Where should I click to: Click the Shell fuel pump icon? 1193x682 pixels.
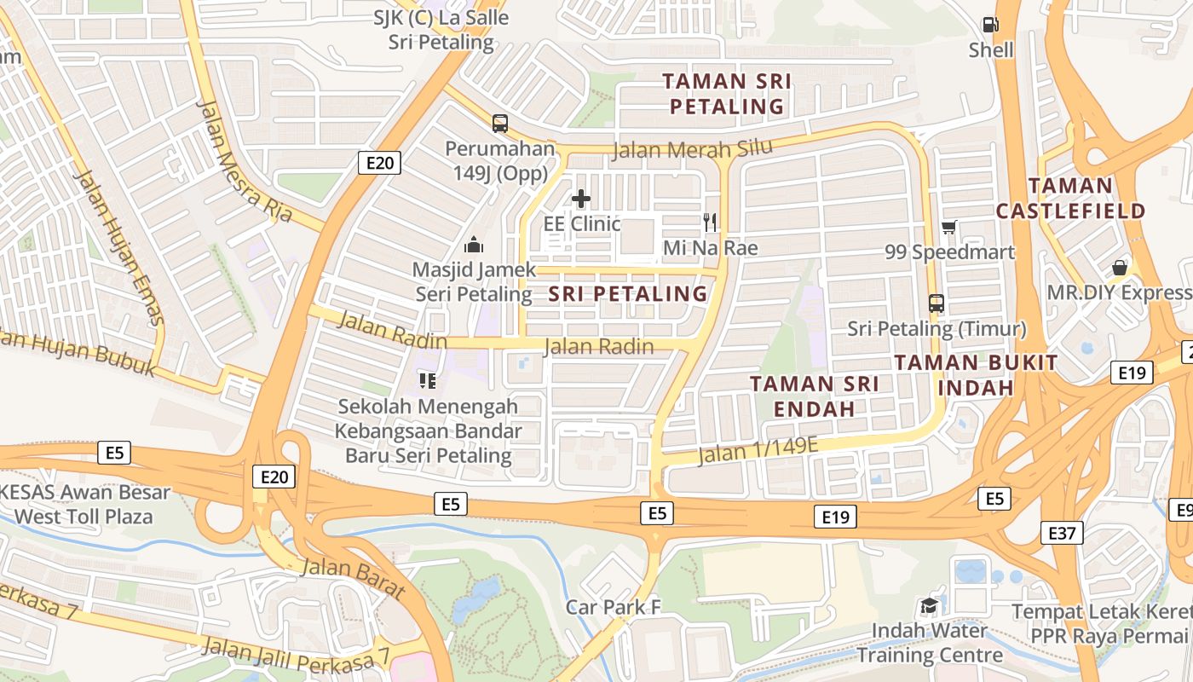(990, 25)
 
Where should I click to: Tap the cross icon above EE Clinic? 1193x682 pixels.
(581, 199)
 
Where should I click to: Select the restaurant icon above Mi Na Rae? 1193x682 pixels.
(710, 223)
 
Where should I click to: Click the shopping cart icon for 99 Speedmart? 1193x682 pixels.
(949, 227)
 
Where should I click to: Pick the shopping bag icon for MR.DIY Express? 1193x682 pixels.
(1120, 268)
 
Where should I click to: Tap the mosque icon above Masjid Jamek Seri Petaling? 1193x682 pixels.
(474, 246)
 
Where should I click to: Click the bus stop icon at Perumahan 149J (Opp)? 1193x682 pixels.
(500, 123)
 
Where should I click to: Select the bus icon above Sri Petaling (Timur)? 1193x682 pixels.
(937, 303)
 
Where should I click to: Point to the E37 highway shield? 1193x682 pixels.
(1062, 534)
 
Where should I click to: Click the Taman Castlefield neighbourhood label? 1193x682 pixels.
(1070, 198)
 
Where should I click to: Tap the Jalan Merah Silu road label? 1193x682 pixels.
(693, 149)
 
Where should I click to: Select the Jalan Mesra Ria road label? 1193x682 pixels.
(245, 160)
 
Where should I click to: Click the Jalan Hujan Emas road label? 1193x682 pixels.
(119, 247)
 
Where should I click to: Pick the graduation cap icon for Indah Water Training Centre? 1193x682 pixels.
(929, 606)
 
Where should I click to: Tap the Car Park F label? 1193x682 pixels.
(613, 607)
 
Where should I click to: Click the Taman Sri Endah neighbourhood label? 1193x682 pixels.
(815, 396)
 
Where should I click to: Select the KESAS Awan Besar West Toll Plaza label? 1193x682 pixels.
(85, 504)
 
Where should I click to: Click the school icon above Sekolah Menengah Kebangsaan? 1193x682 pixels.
(427, 380)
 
